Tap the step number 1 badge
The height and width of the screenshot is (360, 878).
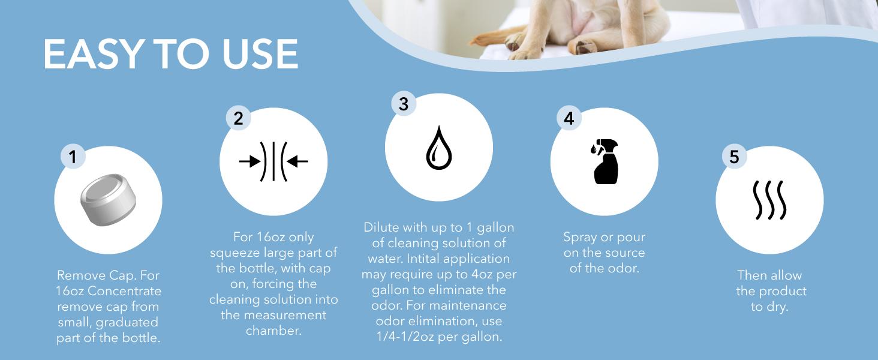click(73, 157)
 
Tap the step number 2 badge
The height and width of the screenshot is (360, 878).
click(239, 118)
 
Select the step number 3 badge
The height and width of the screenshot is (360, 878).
click(404, 104)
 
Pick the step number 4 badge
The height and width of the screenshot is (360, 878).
click(569, 118)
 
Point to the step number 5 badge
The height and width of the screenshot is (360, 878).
click(734, 157)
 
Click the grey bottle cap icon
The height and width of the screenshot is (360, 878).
click(108, 200)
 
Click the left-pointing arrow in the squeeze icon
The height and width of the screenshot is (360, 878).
click(297, 161)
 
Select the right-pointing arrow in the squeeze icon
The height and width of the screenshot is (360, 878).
click(249, 161)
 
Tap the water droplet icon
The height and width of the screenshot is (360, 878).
click(438, 148)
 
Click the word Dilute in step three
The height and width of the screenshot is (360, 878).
click(381, 228)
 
